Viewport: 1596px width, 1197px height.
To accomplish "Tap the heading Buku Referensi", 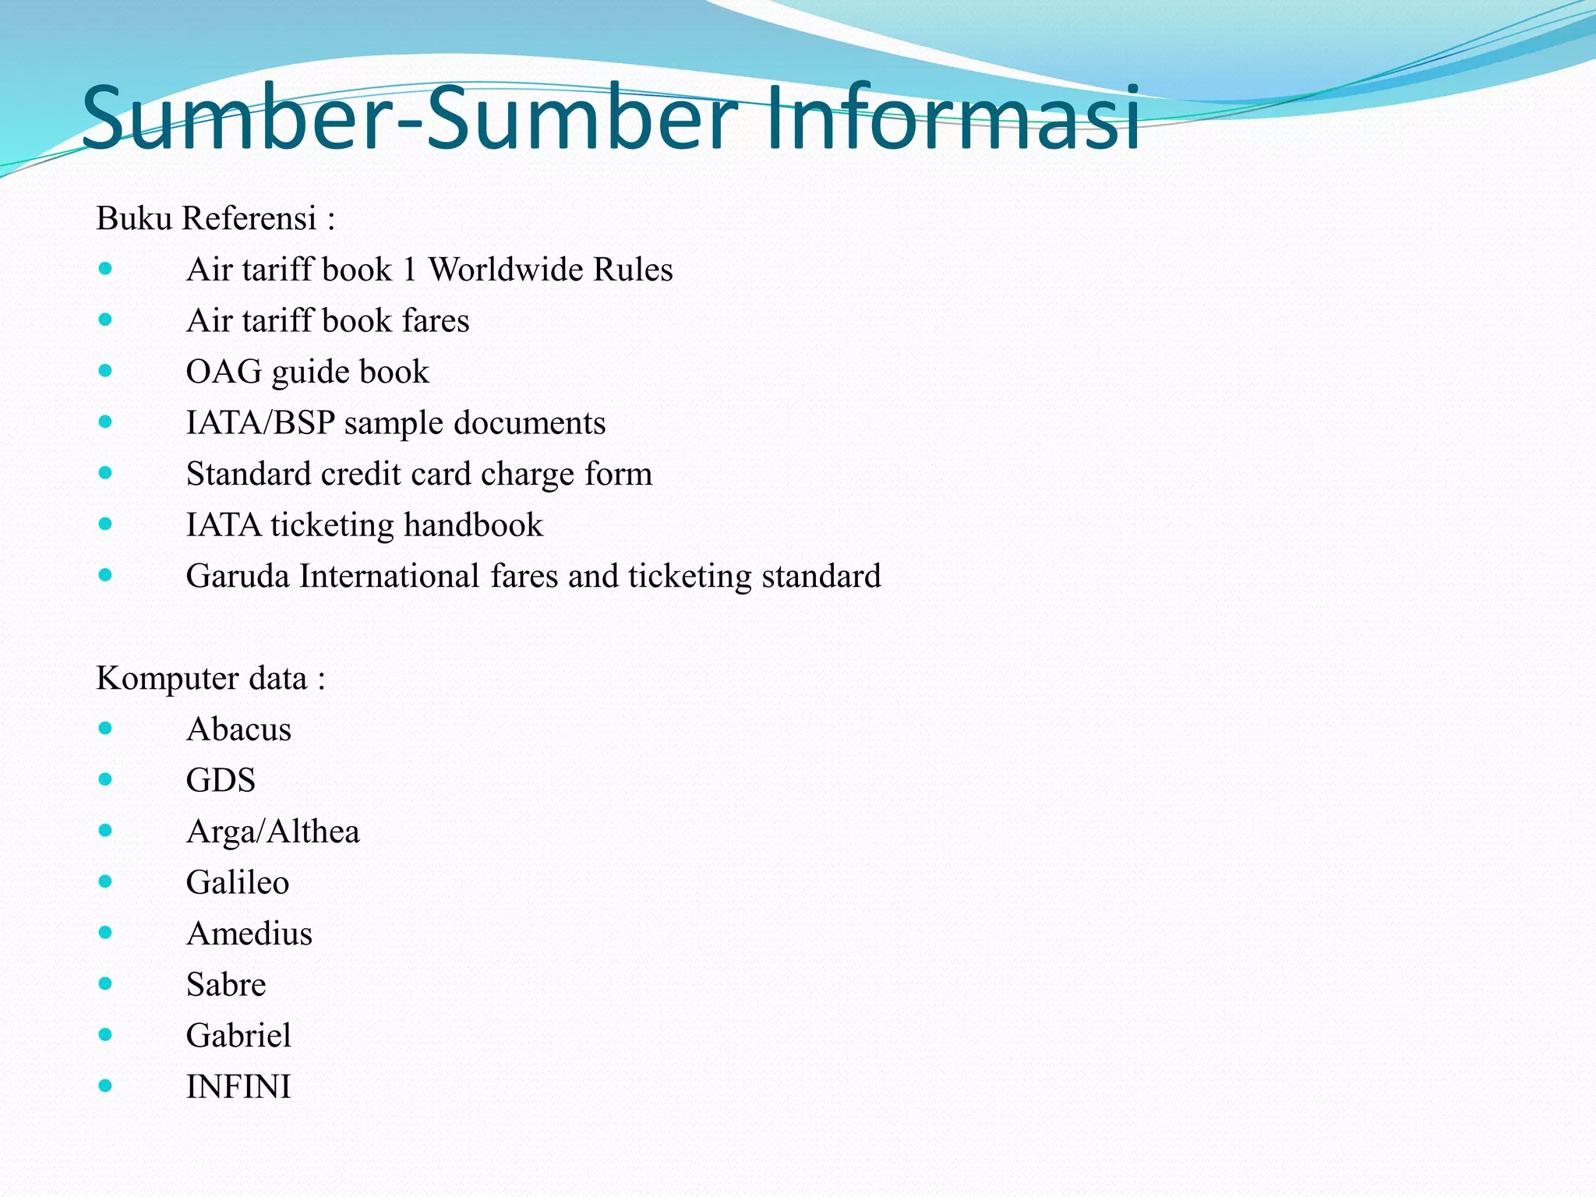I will (x=207, y=218).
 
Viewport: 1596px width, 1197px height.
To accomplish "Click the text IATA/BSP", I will (x=260, y=423).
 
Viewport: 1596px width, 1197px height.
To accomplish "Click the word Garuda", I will (x=238, y=577).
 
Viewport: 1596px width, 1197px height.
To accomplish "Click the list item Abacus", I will (x=238, y=729).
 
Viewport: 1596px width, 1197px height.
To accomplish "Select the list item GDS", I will (x=221, y=780).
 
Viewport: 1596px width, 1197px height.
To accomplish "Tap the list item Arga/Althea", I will (x=273, y=832).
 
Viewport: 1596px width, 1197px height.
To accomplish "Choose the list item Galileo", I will (x=238, y=882).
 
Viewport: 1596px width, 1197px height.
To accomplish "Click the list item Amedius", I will (x=249, y=934).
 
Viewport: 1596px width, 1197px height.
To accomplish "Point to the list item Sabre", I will (x=226, y=984).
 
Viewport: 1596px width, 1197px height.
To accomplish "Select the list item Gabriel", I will (x=238, y=1036).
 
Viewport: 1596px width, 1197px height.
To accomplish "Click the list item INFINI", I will (x=238, y=1086).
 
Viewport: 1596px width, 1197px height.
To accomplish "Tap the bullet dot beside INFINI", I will (x=105, y=1086).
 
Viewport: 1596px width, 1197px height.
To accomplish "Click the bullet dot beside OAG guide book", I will (x=105, y=371).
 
